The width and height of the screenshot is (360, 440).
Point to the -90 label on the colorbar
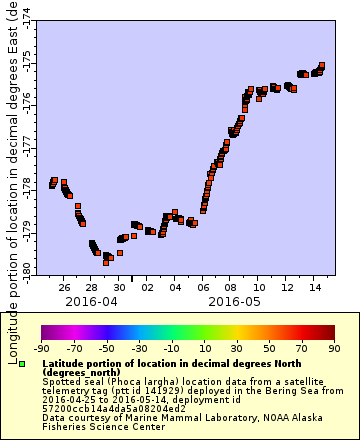pyautogui.click(x=41, y=349)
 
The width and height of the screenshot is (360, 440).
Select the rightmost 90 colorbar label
pyautogui.click(x=334, y=349)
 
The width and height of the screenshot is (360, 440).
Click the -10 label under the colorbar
pyautogui.click(x=171, y=349)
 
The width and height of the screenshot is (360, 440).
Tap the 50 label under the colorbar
pyautogui.click(x=269, y=349)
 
